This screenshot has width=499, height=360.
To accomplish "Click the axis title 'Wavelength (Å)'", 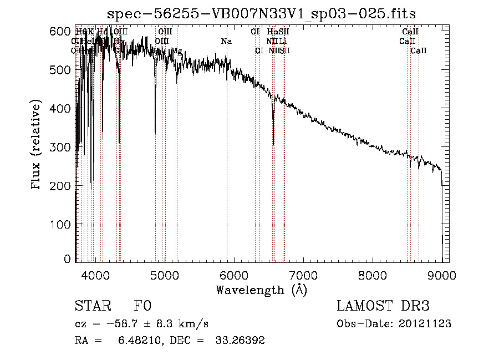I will click(x=261, y=290).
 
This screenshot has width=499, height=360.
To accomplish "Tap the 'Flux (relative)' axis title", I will click(x=37, y=145).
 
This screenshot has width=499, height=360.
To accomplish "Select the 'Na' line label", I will click(x=226, y=41).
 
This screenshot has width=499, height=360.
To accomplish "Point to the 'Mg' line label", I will click(x=176, y=50).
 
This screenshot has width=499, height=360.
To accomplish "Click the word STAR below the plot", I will click(x=92, y=306).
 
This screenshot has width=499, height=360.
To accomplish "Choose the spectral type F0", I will click(x=142, y=306).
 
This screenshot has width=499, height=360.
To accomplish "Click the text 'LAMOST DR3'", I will click(x=383, y=306).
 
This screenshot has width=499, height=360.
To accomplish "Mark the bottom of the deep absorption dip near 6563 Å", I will click(x=273, y=145).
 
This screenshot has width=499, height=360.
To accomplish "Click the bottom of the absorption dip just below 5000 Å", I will click(x=155, y=133).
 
